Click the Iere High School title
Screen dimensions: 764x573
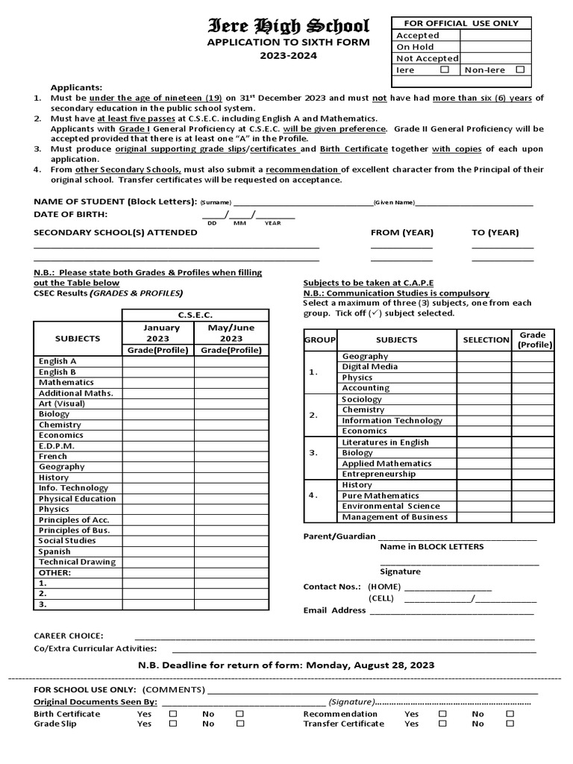pos(288,28)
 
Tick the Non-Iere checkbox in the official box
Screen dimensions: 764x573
pos(520,69)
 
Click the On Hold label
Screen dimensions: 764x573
pos(415,47)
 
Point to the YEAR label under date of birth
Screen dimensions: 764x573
pos(273,223)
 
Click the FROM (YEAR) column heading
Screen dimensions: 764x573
pos(401,233)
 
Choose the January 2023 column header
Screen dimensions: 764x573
pos(158,333)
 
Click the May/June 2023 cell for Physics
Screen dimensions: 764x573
pos(231,509)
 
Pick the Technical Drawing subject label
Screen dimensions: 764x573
pos(77,562)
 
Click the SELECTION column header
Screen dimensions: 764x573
pos(485,339)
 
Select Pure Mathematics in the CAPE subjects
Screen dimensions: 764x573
pos(381,495)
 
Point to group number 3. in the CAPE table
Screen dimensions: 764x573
pos(313,453)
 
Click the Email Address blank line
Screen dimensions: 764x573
pos(451,611)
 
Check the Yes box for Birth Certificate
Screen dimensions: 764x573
pos(173,713)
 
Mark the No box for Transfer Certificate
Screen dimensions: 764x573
pos(510,724)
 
